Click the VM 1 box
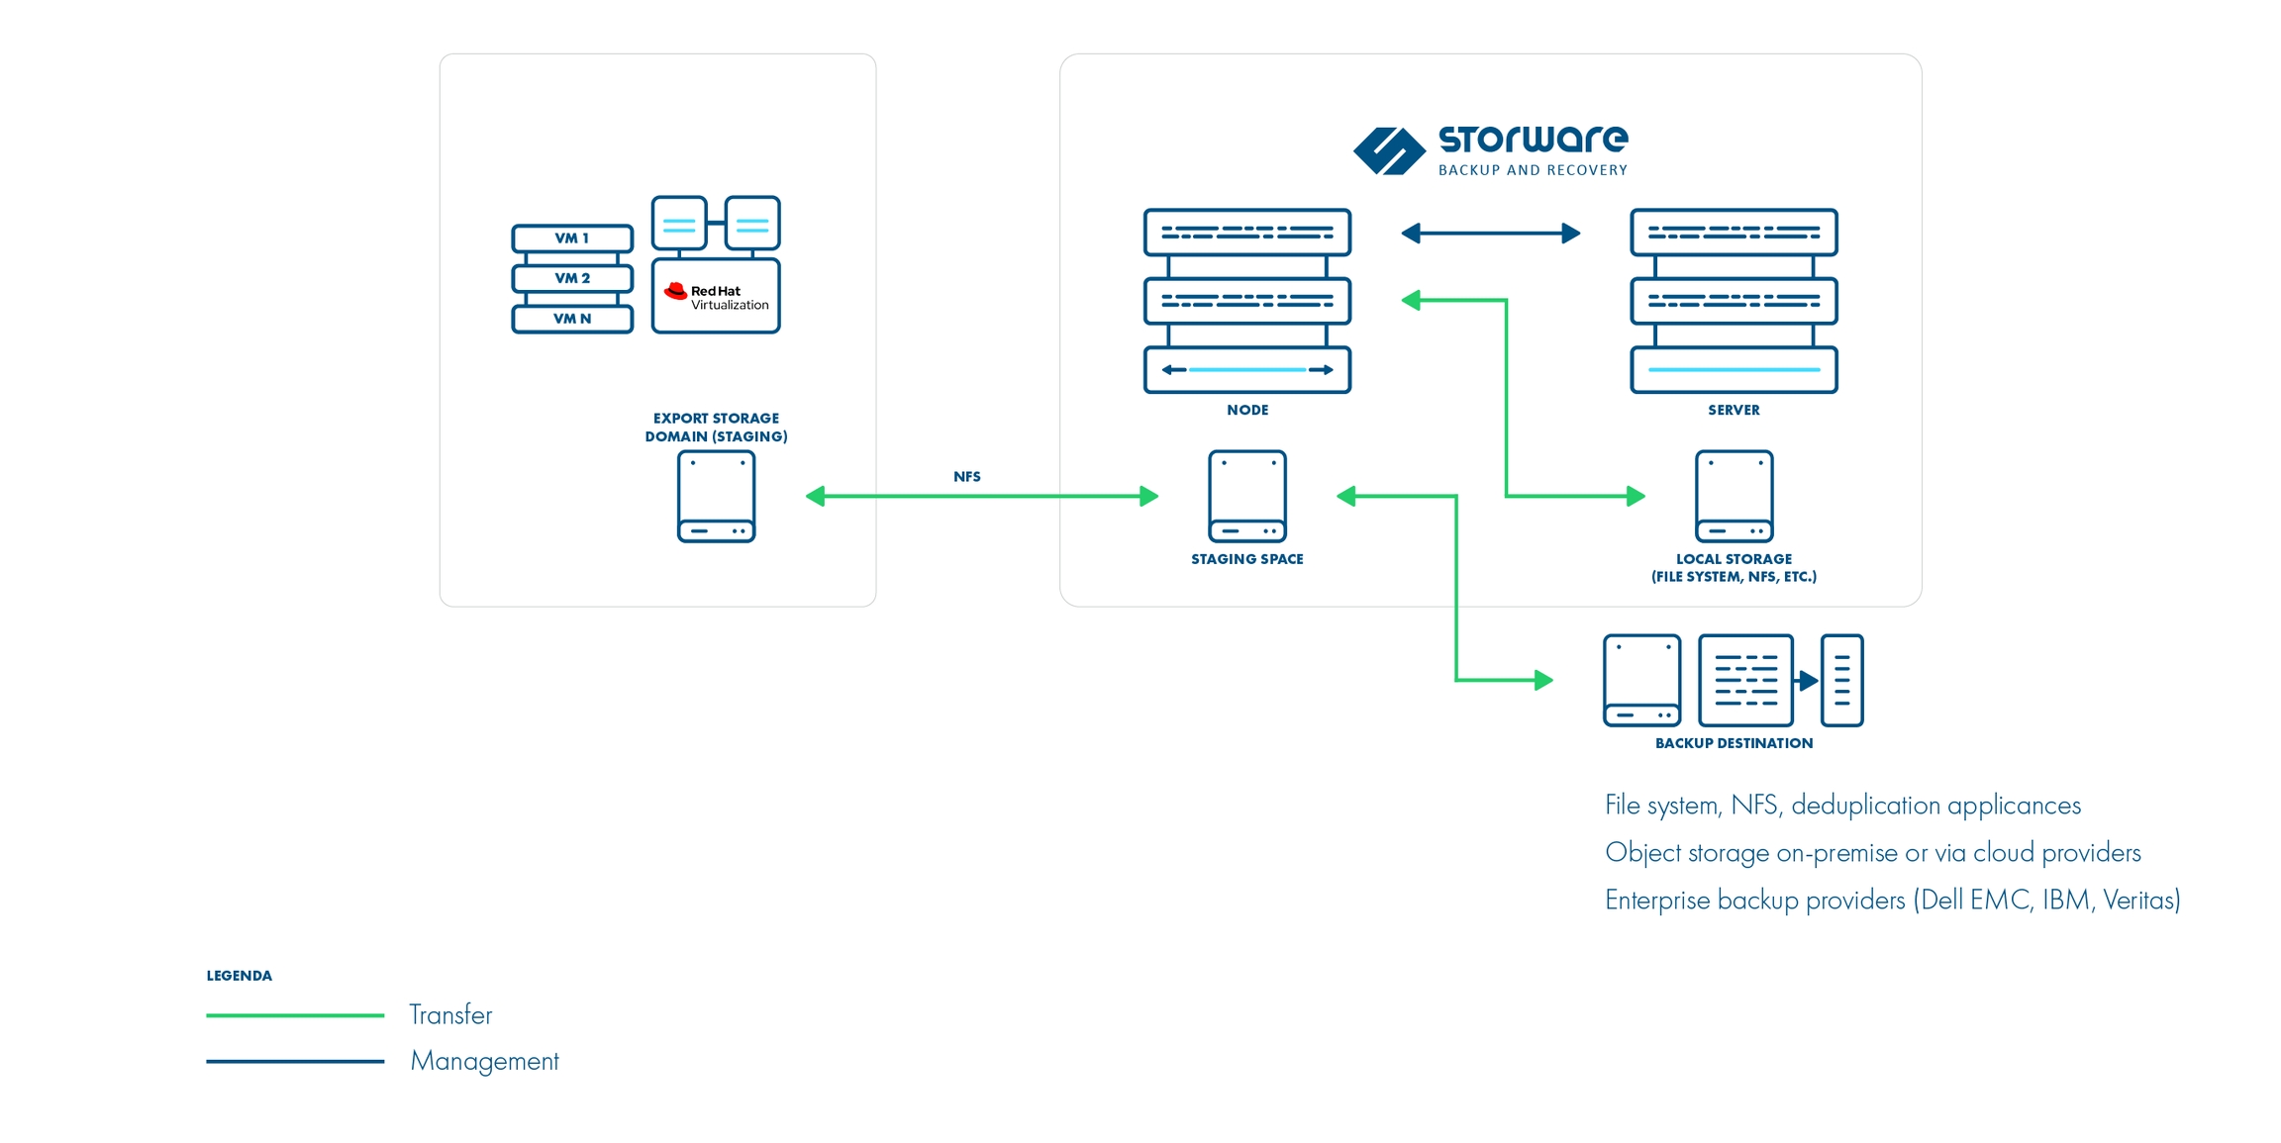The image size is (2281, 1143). [571, 238]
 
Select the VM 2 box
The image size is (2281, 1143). [571, 278]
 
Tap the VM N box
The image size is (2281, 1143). [571, 319]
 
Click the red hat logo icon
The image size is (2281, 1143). [676, 291]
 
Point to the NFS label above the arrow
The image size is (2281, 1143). [966, 477]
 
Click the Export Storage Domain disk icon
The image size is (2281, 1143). [716, 497]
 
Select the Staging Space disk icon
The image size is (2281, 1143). [1246, 497]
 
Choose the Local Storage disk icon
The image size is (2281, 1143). [1734, 497]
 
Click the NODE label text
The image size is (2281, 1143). [1246, 410]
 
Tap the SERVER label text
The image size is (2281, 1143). [1734, 410]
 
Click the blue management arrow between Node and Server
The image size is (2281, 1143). [1490, 234]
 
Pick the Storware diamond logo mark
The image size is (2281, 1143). [1389, 151]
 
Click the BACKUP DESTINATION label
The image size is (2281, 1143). [1734, 743]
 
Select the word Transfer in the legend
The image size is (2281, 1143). [450, 1015]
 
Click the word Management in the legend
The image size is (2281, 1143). [484, 1061]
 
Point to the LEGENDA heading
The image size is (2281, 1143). [239, 976]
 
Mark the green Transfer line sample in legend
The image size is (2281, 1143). [295, 1015]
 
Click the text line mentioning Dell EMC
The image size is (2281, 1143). [1892, 900]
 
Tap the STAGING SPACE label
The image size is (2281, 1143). [1246, 559]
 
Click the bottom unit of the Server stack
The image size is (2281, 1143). [1734, 369]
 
